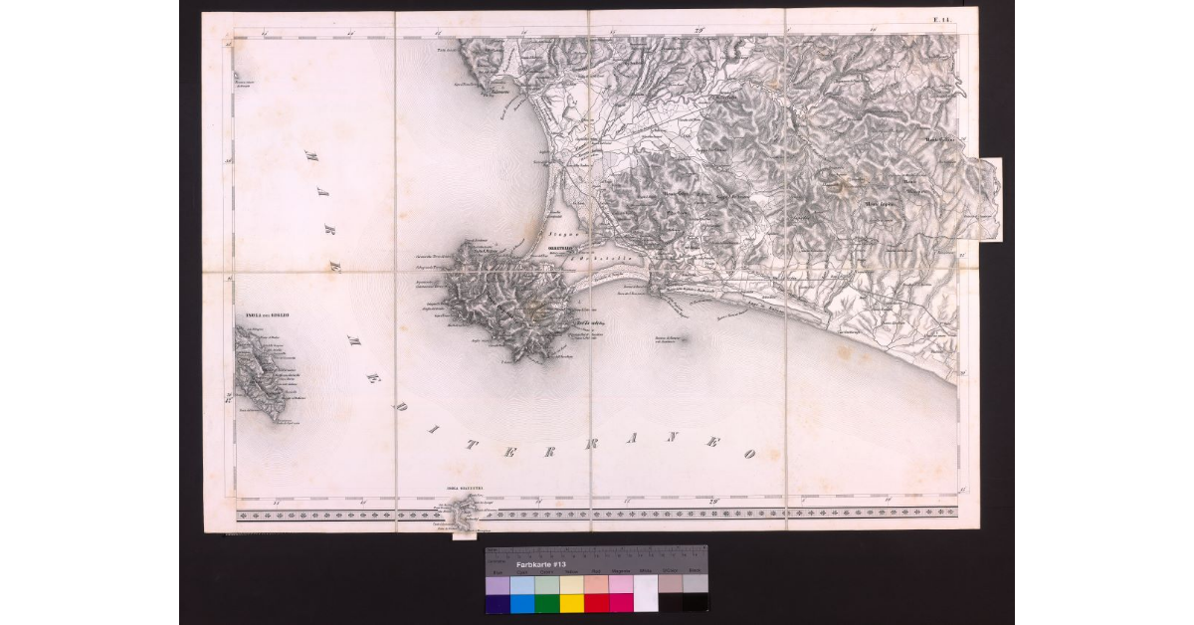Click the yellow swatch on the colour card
571,602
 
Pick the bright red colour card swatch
596,602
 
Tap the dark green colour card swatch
546,602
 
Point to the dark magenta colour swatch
621,602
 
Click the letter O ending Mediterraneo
749,453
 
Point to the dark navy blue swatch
497,602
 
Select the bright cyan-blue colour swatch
521,602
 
